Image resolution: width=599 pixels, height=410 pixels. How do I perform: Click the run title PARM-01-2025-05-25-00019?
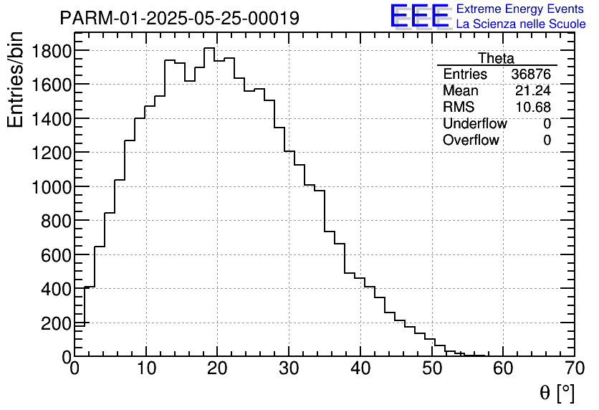[179, 18]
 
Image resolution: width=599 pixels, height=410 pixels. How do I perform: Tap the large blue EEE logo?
[420, 16]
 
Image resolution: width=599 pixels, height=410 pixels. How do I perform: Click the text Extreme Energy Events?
[521, 9]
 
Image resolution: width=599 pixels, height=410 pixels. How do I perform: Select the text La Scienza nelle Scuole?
[521, 24]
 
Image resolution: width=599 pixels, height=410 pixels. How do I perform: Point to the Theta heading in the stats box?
[496, 59]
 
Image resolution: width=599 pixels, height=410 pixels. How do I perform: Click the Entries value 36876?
[531, 75]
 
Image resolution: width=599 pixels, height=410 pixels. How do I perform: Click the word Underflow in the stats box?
[474, 124]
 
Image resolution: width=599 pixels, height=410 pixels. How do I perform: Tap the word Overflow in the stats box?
[471, 140]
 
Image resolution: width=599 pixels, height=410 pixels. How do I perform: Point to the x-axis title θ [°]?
[557, 394]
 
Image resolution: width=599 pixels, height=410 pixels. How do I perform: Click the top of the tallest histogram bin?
[209, 48]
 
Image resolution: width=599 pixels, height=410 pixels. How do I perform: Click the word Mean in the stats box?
[461, 91]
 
